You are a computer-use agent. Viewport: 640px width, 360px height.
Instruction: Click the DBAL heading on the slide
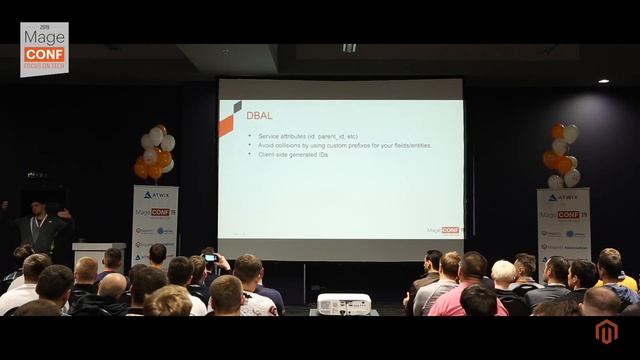coord(259,115)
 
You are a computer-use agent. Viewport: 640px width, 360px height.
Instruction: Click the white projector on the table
coord(343,304)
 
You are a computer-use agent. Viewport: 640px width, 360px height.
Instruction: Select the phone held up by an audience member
coord(210,258)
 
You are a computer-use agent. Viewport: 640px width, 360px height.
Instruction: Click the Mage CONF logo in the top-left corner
coord(44,49)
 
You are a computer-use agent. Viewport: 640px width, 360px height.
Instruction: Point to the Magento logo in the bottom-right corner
coord(606,332)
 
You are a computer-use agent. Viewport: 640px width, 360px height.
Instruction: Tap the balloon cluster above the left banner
coord(155,152)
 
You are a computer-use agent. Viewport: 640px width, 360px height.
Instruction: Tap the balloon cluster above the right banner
coord(561,155)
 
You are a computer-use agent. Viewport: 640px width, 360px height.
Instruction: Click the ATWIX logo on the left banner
coord(156,195)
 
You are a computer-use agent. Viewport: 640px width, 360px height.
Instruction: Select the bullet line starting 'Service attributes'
coord(308,136)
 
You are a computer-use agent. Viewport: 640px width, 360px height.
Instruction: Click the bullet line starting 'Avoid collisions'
coord(344,145)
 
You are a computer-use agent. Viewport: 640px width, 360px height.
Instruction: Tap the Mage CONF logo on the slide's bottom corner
coord(442,229)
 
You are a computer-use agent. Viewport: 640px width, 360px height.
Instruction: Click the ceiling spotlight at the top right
coord(603,80)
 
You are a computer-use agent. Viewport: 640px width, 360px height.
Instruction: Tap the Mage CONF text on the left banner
coord(155,212)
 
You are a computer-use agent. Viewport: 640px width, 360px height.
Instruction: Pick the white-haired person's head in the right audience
coord(504,272)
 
